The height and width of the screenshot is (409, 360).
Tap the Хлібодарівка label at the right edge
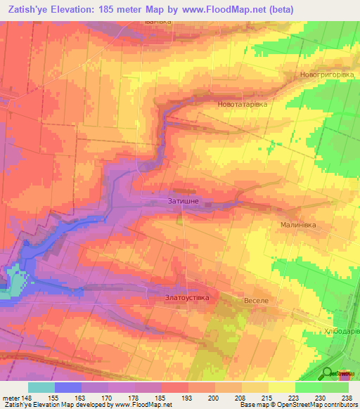click(344, 331)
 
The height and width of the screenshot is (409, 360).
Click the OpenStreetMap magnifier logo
click(328, 374)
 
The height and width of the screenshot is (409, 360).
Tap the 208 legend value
click(241, 398)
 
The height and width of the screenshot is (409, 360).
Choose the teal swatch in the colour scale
click(41, 387)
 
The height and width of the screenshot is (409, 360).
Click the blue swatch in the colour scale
click(68, 387)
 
